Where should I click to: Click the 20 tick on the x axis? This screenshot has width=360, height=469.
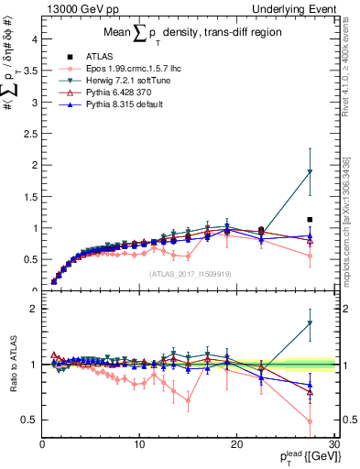(237, 444)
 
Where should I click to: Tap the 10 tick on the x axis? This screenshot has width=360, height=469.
(139, 444)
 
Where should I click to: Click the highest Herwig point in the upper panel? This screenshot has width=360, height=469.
(311, 172)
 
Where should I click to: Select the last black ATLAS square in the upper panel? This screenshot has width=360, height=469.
(311, 220)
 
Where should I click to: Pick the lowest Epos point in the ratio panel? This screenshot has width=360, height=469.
(311, 421)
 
